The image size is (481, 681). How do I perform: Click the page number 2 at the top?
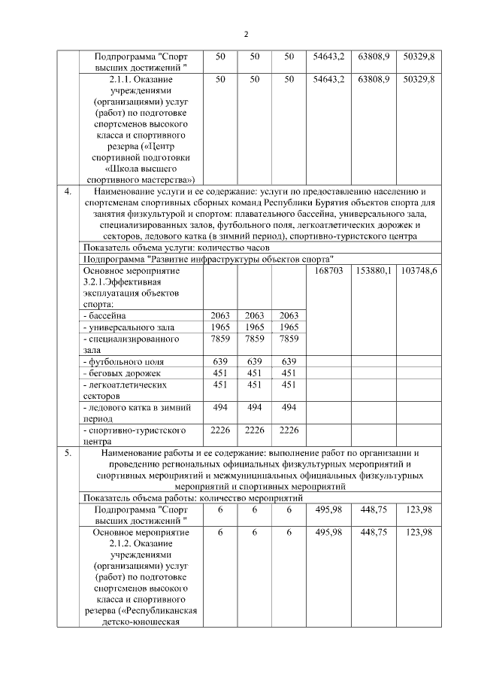point(246,34)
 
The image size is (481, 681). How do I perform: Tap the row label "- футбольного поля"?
point(118,361)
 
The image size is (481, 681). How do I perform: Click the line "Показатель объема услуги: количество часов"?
point(176,247)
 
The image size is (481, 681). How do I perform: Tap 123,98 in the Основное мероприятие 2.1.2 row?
point(419,532)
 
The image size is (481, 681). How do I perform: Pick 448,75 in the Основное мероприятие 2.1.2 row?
point(374,532)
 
